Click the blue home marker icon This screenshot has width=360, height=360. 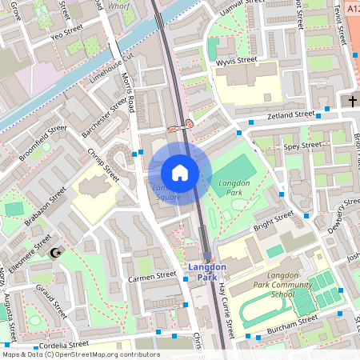[x=180, y=172]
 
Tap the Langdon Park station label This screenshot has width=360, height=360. [x=207, y=272]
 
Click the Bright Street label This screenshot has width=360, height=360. [x=274, y=222]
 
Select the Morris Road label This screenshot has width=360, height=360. [x=121, y=80]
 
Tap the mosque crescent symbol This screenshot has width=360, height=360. [x=55, y=253]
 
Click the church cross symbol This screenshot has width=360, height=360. [x=353, y=102]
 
